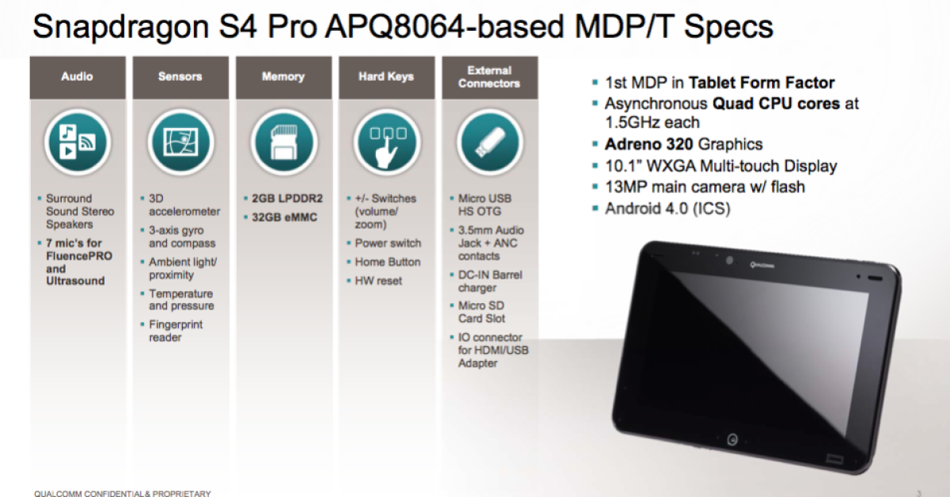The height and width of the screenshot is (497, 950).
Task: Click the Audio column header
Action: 78,77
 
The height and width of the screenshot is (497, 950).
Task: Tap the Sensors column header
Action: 180,77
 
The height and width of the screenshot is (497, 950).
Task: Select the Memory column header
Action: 283,77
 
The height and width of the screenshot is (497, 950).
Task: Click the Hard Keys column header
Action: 386,77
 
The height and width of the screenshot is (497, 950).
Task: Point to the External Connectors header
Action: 489,77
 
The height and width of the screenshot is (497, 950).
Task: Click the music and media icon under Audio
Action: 78,142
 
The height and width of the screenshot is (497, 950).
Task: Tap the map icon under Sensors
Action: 181,142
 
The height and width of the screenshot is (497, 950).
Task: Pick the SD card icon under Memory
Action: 284,142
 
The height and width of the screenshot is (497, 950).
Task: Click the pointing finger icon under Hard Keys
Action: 387,142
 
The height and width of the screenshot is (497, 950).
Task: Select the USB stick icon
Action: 490,142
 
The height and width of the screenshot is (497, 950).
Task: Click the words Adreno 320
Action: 648,144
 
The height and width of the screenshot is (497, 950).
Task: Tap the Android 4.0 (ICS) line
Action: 667,209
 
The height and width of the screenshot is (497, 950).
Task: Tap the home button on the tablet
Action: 732,440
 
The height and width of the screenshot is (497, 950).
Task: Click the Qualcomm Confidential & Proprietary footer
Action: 123,493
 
